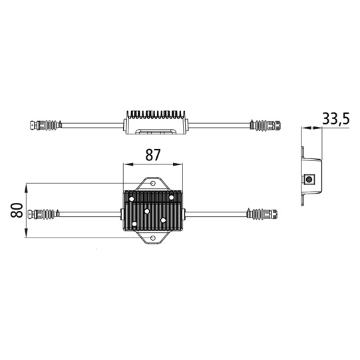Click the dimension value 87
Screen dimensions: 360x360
tap(152, 155)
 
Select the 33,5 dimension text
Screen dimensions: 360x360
tap(336, 119)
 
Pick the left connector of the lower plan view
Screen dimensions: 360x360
tap(45, 214)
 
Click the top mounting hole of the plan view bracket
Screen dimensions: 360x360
tap(152, 182)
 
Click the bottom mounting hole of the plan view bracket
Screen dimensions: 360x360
tap(152, 238)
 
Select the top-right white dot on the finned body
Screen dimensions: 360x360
tap(172, 197)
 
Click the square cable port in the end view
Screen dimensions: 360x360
tap(309, 179)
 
